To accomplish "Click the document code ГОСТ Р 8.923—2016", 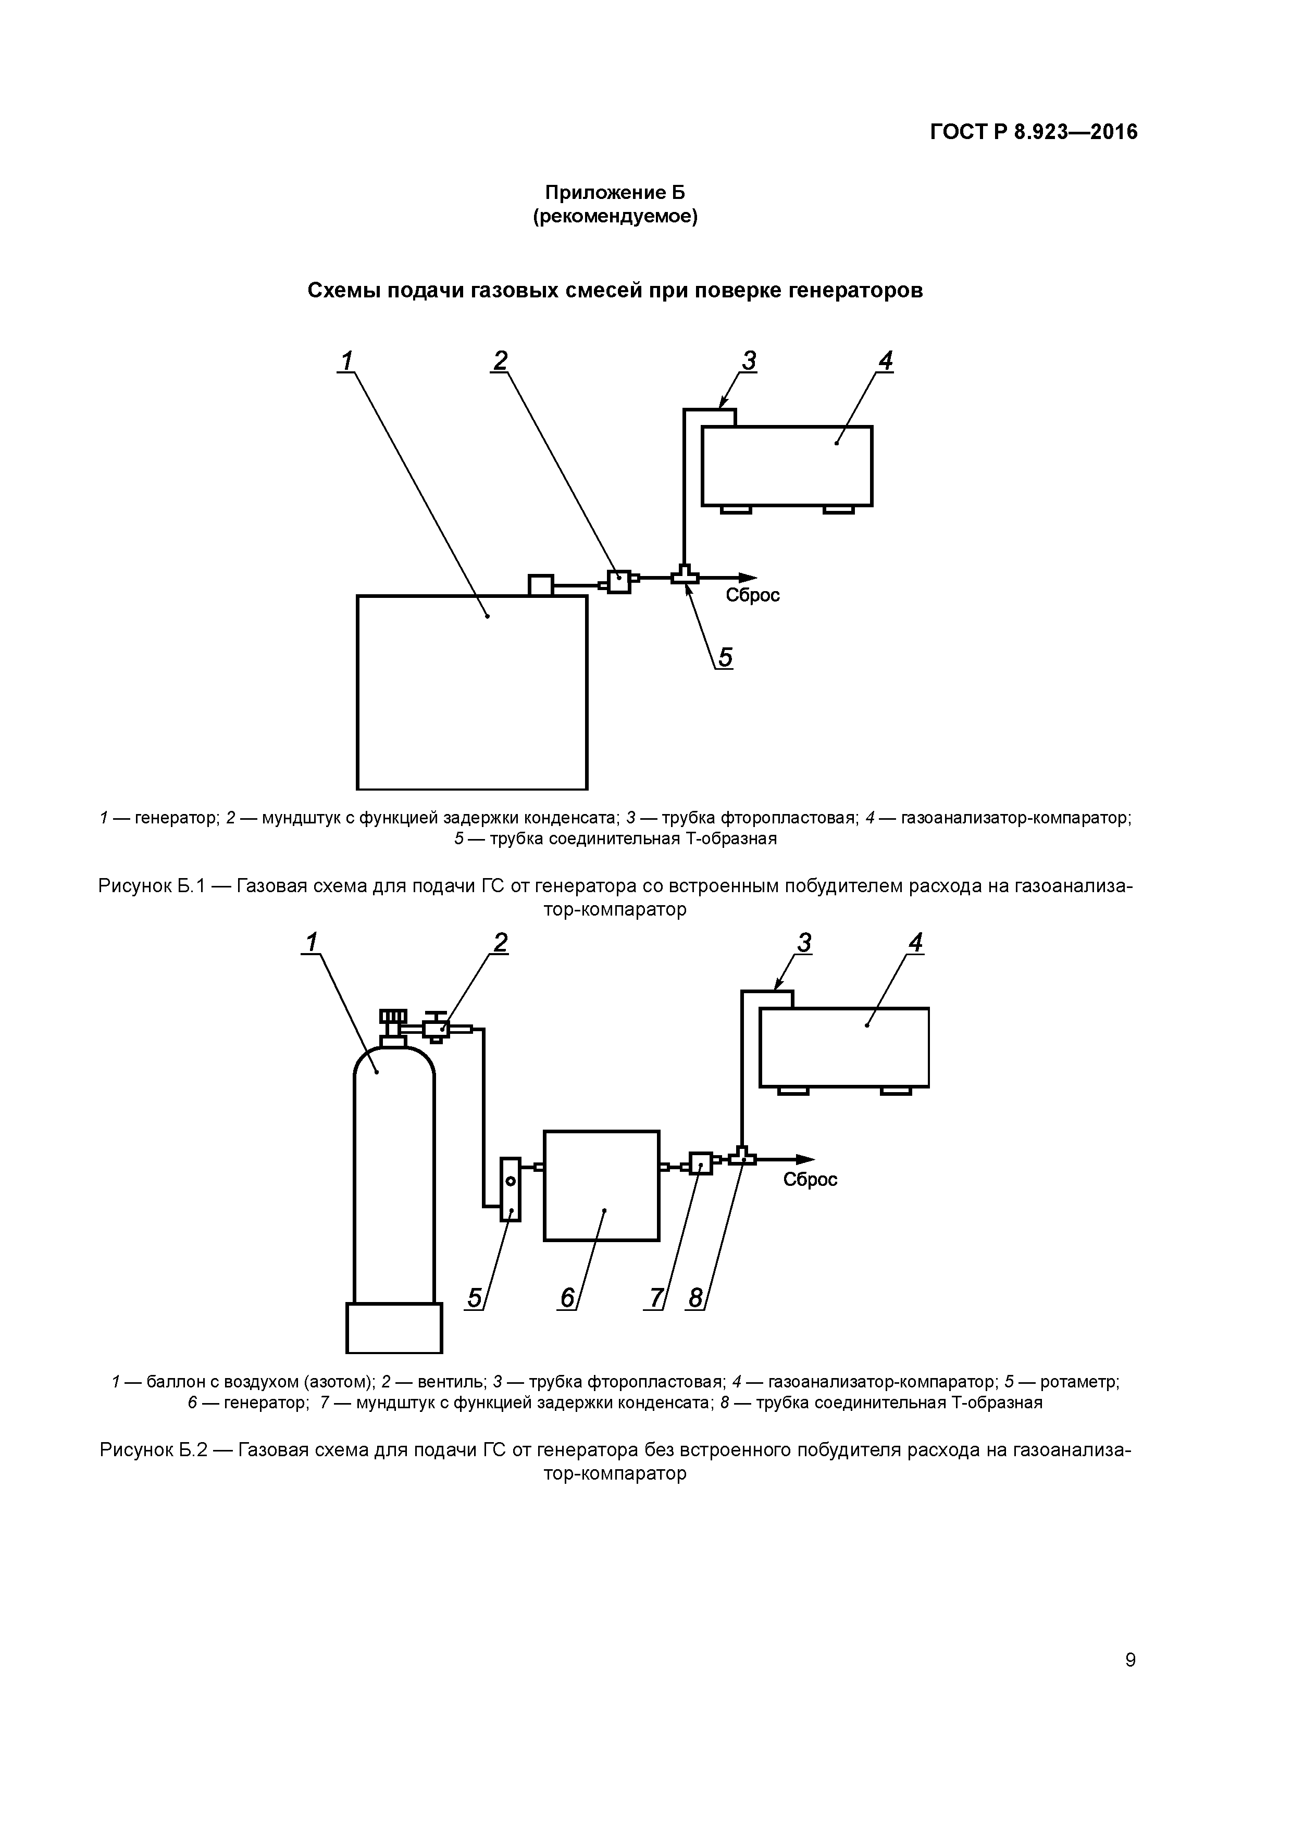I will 1033,132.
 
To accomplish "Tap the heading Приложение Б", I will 615,193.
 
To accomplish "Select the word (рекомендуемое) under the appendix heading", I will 615,217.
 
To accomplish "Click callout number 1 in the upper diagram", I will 345,361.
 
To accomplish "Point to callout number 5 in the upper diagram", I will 725,657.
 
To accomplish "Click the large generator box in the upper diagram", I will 472,692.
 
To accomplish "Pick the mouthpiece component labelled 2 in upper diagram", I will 618,582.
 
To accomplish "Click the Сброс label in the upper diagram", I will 752,595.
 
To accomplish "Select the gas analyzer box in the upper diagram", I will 787,466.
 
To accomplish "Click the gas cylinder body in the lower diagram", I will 394,1178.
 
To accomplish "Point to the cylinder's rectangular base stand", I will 394,1327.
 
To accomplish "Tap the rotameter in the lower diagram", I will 510,1189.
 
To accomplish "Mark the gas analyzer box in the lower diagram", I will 844,1047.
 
